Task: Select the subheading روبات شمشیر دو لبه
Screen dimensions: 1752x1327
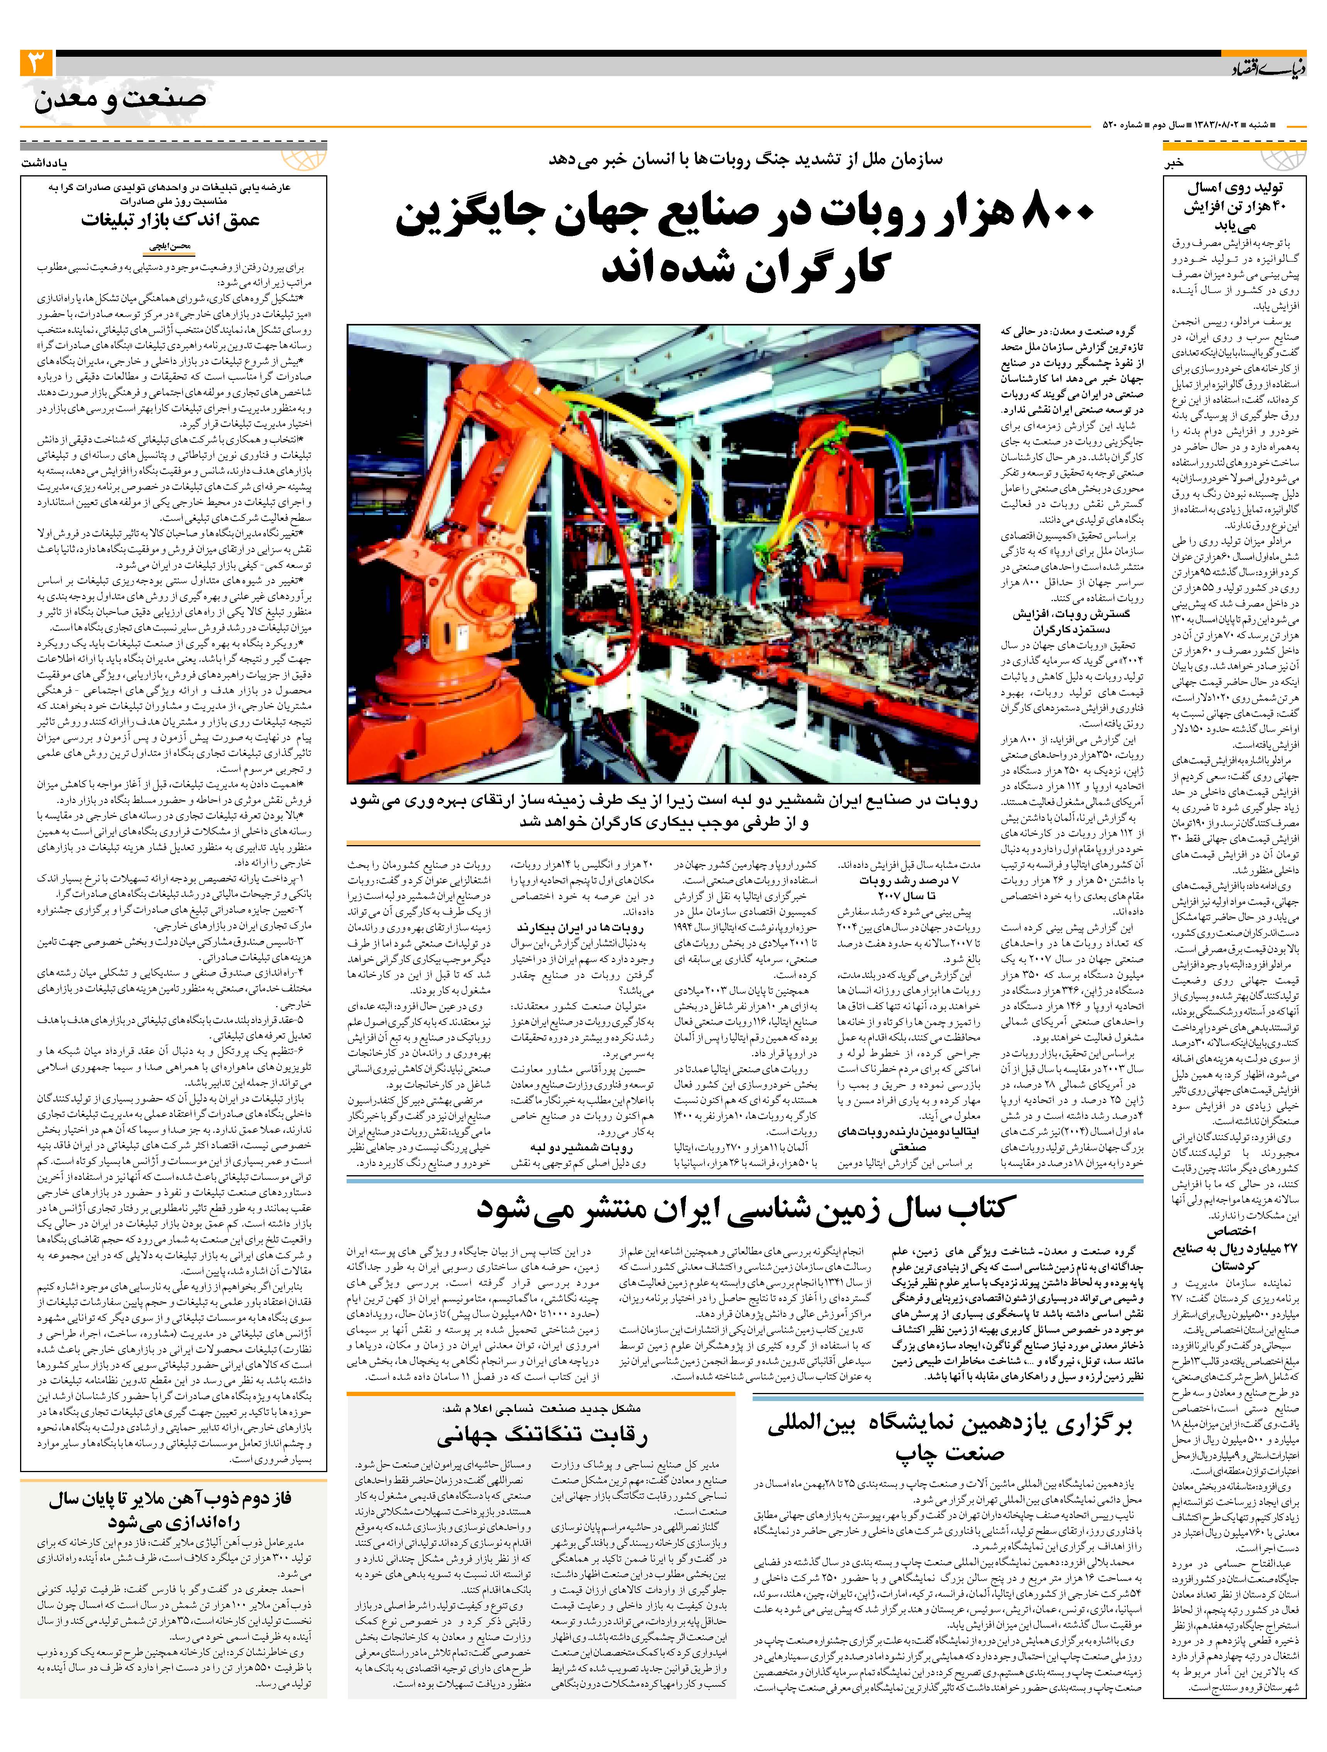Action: [582, 1147]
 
